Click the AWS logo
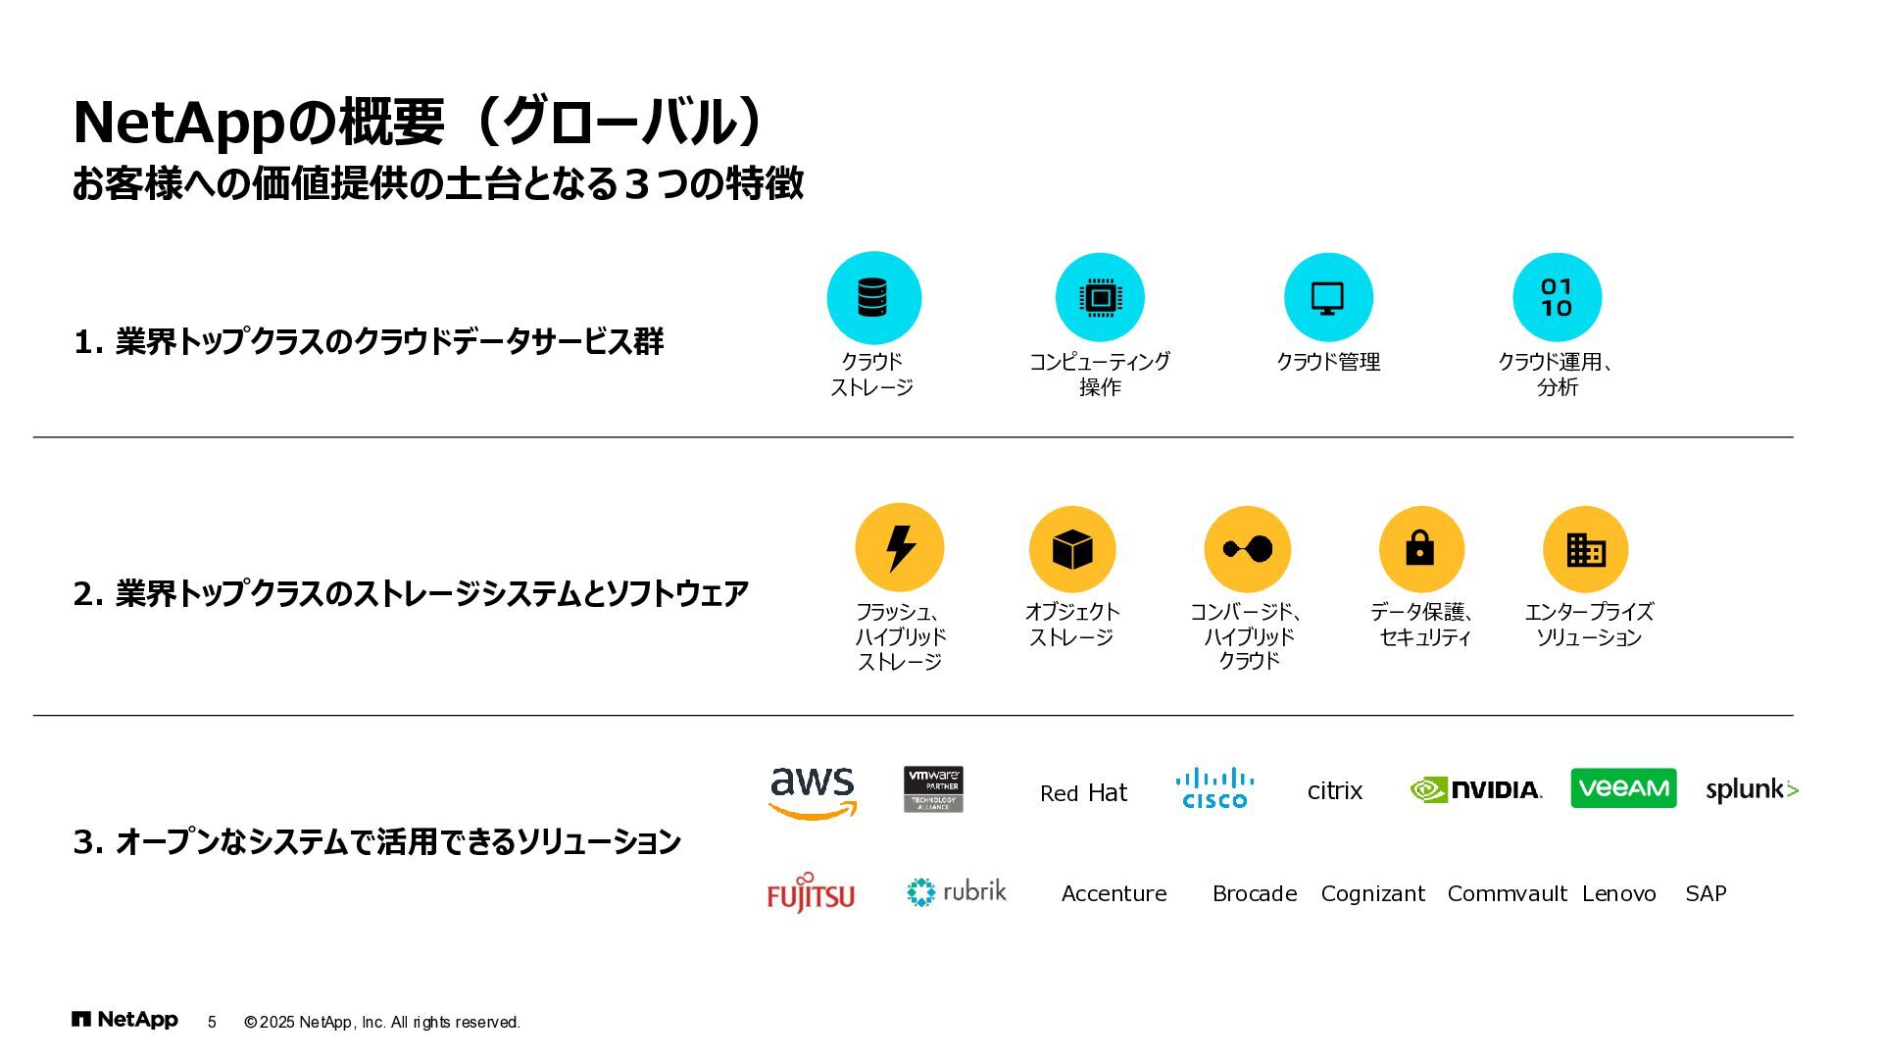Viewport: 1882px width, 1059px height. pos(812,792)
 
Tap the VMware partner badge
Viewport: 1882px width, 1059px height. pos(933,789)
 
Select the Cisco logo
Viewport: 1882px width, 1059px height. pos(1214,788)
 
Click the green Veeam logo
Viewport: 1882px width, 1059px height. pos(1623,788)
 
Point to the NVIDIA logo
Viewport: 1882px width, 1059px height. pos(1476,789)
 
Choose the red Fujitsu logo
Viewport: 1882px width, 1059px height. pos(811,893)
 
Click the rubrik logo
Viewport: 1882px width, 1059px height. pos(957,891)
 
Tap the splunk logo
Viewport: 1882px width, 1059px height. pos(1752,789)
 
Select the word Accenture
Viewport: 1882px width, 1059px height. pos(1114,893)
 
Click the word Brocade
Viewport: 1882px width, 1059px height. pos(1255,893)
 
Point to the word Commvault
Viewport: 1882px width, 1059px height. pos(1507,893)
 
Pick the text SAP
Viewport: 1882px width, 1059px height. pos(1706,893)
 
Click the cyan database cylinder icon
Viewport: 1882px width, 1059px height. pos(873,297)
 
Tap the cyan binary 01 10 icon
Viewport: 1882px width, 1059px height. pos(1557,297)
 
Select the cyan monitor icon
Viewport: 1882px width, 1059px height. pos(1328,297)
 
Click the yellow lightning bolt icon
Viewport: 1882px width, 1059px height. pos(900,548)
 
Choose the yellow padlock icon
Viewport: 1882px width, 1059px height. pos(1420,549)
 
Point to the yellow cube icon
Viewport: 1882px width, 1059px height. pos(1072,549)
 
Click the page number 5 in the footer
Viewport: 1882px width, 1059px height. pos(212,1022)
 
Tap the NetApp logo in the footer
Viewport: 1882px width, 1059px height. pos(124,1020)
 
